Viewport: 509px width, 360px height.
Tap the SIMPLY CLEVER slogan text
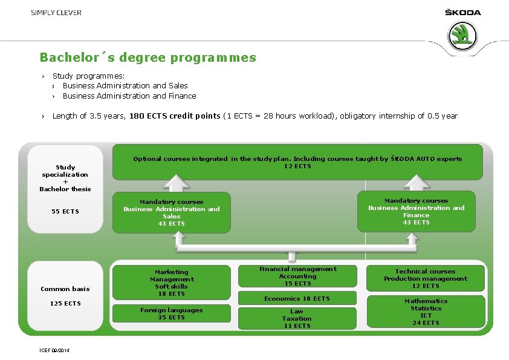56,13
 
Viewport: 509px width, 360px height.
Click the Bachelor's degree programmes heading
148,58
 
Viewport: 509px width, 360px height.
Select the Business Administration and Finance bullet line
129,96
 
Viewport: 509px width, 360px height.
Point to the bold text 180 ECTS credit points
175,116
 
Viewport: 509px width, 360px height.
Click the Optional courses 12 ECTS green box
297,162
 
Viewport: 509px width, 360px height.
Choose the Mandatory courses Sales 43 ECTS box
172,212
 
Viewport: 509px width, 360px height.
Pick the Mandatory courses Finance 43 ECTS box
417,211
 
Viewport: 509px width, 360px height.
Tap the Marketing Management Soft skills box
172,283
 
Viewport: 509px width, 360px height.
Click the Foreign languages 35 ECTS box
172,313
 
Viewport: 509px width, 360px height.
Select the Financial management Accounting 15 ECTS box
297,277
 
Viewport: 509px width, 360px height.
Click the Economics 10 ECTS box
297,299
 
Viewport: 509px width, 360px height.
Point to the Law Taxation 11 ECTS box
297,318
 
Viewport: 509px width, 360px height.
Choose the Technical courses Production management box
426,279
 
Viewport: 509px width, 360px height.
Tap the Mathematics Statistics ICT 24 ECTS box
426,312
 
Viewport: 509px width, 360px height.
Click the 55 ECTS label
65,211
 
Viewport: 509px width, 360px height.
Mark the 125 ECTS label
65,303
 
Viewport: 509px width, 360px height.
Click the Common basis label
65,289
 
